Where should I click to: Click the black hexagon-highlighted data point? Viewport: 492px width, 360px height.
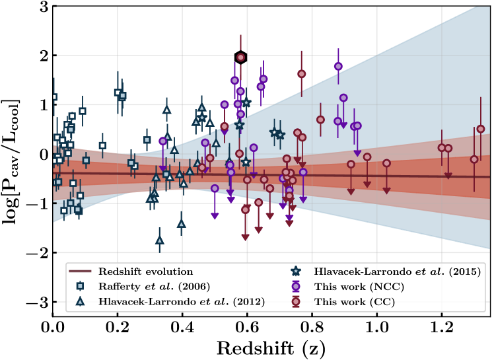click(241, 57)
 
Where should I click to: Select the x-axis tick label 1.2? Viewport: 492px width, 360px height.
click(442, 328)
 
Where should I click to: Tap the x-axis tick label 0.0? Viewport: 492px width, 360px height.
click(53, 328)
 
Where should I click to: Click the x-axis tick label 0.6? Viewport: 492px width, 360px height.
click(247, 328)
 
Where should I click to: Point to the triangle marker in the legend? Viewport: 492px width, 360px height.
click(81, 302)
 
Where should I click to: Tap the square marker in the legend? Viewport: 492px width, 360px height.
click(81, 287)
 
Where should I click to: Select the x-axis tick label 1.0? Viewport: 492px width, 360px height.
click(377, 328)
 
